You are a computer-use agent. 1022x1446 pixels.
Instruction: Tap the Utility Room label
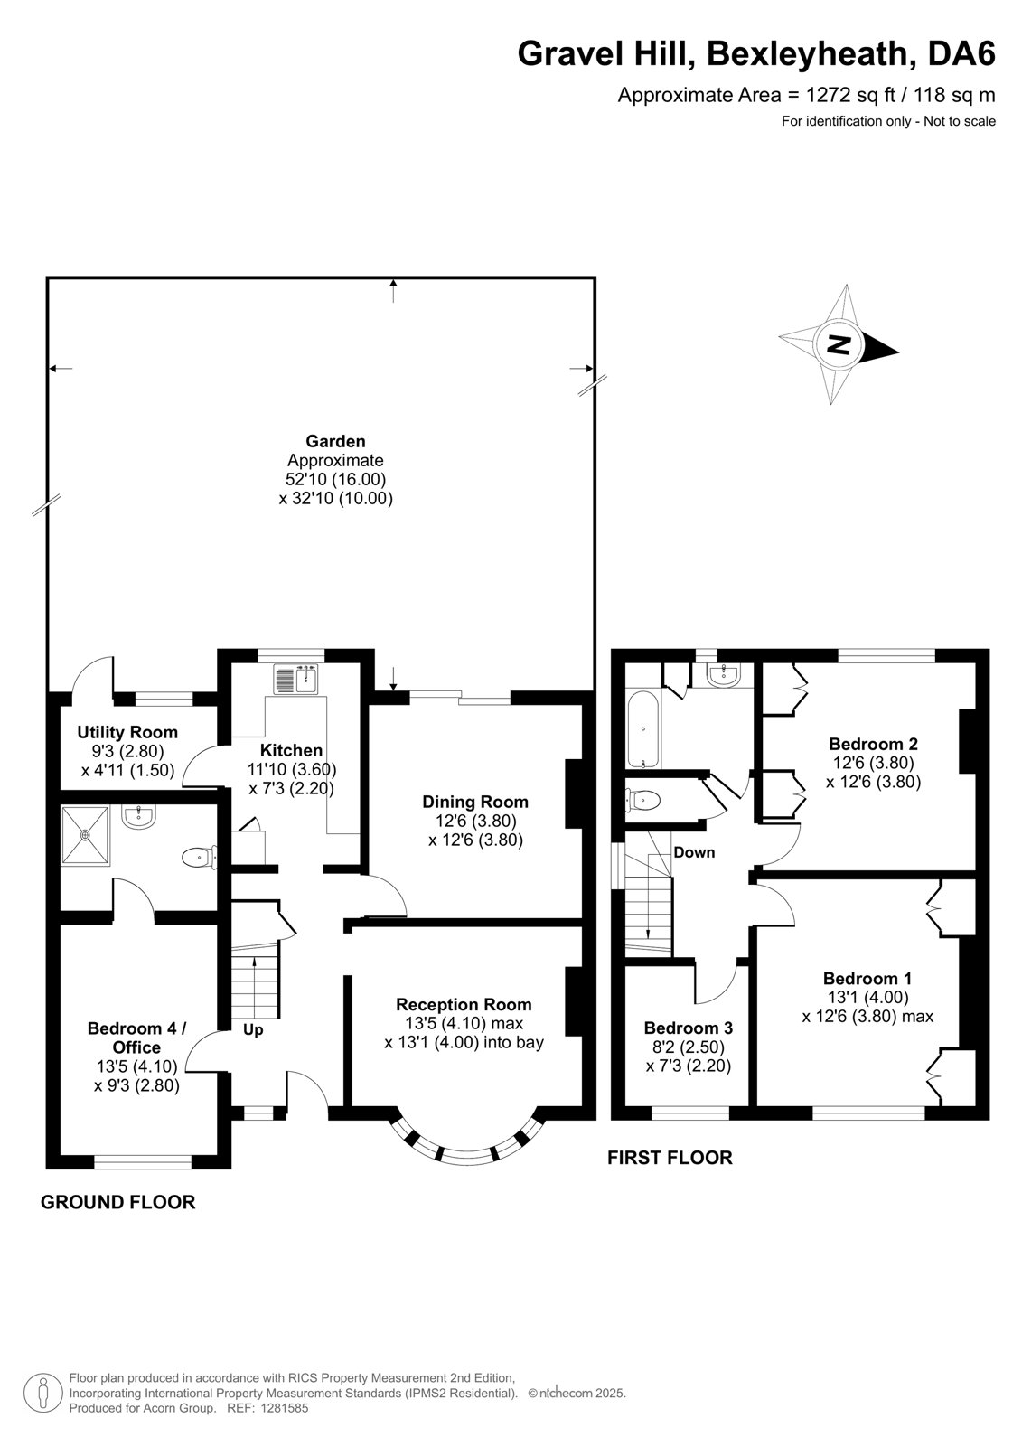(127, 732)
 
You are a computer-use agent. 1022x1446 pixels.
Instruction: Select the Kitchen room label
(291, 750)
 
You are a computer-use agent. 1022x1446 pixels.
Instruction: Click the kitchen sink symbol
(295, 679)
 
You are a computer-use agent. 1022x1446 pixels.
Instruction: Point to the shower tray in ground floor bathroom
(85, 834)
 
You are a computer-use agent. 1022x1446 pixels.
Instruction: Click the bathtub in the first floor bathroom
(643, 729)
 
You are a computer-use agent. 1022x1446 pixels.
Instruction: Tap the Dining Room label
(475, 802)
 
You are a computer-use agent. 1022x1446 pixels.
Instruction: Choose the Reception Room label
(464, 1004)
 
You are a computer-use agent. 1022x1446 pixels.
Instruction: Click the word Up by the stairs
(253, 1030)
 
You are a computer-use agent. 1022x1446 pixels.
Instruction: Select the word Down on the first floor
(694, 852)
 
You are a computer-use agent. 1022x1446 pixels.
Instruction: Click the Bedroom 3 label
(689, 1028)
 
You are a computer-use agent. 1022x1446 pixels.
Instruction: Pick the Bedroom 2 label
(873, 744)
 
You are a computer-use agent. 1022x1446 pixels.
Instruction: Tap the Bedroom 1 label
(867, 979)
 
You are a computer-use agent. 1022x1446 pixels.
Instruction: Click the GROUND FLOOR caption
(117, 1202)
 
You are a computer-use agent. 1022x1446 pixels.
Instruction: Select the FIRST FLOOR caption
(670, 1158)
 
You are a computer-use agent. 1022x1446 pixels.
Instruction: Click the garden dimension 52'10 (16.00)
(336, 479)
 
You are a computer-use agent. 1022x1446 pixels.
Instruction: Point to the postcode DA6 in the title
(961, 53)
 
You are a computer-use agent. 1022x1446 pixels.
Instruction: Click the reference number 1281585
(283, 1408)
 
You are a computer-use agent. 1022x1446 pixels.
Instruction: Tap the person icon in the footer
(42, 1394)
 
